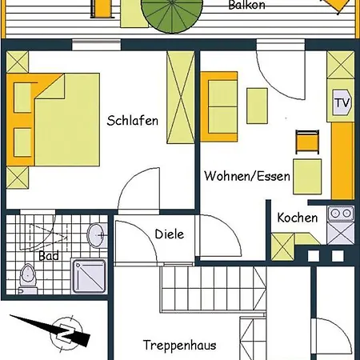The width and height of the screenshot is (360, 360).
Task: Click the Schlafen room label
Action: (133, 121)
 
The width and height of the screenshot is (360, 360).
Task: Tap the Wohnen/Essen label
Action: (247, 176)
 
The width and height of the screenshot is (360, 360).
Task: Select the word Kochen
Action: (298, 218)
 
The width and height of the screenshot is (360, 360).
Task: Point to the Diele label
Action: (170, 234)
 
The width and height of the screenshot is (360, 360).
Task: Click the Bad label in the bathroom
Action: (49, 256)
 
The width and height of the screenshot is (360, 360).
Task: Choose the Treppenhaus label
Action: (179, 345)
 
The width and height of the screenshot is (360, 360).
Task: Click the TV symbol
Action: (342, 102)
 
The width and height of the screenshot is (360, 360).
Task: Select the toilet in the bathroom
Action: (27, 278)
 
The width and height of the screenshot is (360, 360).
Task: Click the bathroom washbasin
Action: (97, 235)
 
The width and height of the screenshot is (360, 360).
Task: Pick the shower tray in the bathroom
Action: (90, 276)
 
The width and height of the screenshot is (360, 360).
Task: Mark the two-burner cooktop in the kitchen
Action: (341, 214)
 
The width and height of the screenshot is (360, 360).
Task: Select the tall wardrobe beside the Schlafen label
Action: (181, 98)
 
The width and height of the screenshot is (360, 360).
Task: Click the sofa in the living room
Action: (219, 106)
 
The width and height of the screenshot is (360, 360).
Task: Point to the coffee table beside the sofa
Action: (257, 106)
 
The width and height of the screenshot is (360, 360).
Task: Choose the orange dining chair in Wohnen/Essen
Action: (307, 142)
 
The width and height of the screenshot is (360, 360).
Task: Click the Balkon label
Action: (247, 5)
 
